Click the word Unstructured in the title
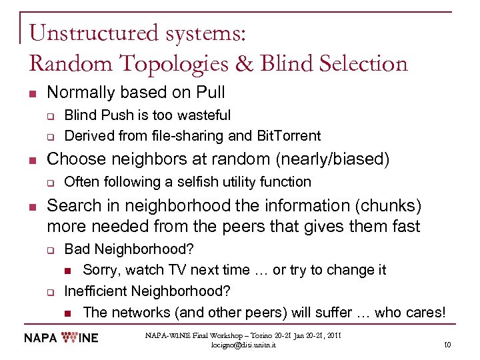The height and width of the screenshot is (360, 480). point(91,33)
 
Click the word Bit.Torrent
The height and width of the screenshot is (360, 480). point(288,136)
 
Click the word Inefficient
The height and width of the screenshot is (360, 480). point(97,291)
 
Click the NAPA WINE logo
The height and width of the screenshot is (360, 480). point(61,338)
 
